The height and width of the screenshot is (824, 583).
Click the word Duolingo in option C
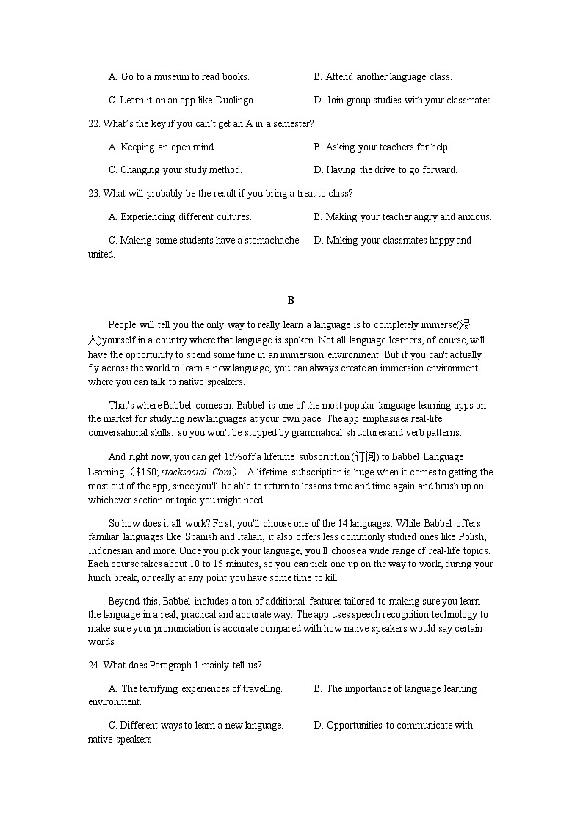coord(233,100)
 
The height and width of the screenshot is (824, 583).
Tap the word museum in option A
coord(169,76)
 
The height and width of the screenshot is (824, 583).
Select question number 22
coord(94,123)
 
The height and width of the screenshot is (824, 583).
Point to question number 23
coord(94,193)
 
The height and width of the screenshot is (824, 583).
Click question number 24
coord(94,666)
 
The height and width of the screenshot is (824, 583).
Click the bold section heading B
coord(291,300)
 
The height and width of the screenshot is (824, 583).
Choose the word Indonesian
coord(112,550)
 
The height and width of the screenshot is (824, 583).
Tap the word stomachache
coord(272,240)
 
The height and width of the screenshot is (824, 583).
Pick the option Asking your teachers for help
coord(387,147)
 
